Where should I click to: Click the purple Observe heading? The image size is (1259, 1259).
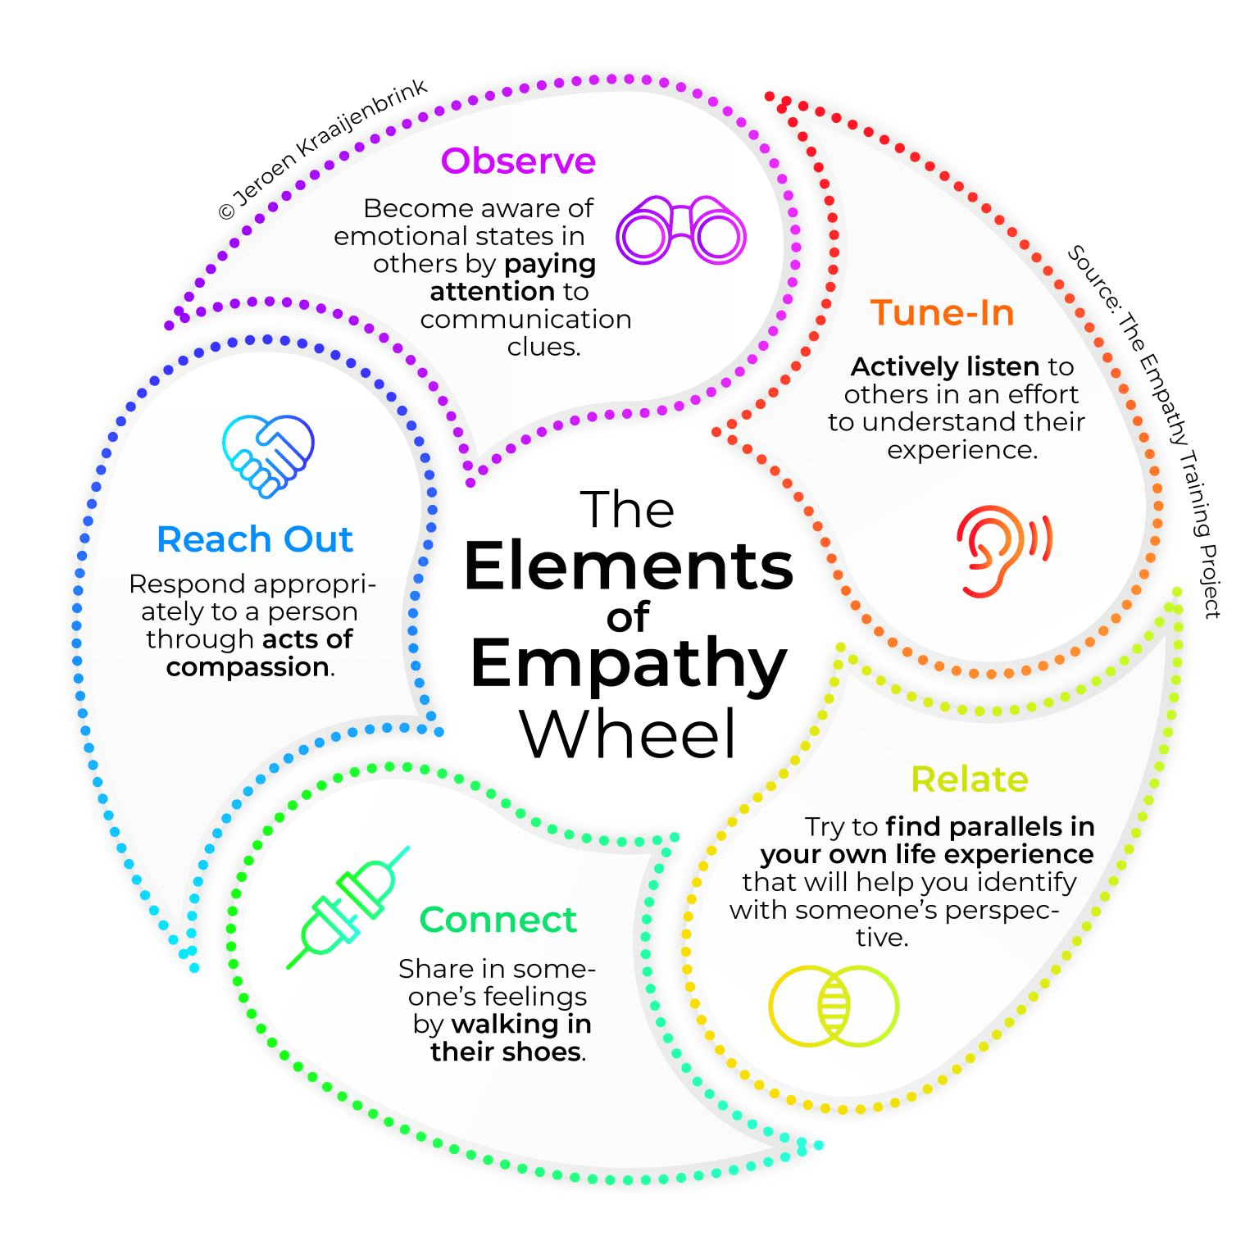pyautogui.click(x=518, y=161)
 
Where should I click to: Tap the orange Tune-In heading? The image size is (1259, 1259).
pyautogui.click(x=942, y=313)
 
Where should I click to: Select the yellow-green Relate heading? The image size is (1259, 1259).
pyautogui.click(x=969, y=779)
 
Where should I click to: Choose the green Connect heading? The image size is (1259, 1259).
pyautogui.click(x=498, y=920)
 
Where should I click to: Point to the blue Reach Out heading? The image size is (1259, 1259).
pyautogui.click(x=255, y=539)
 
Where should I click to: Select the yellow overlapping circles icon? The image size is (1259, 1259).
pyautogui.click(x=833, y=1006)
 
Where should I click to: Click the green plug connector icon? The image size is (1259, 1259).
pyautogui.click(x=348, y=907)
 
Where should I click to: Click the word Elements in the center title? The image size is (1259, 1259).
pyautogui.click(x=628, y=566)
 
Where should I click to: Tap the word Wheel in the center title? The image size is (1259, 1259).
pyautogui.click(x=628, y=734)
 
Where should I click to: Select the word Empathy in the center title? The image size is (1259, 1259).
pyautogui.click(x=628, y=664)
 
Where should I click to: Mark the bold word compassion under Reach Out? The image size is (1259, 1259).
pyautogui.click(x=248, y=667)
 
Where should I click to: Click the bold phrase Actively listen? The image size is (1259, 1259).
pyautogui.click(x=944, y=366)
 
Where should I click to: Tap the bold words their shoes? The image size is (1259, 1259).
pyautogui.click(x=506, y=1052)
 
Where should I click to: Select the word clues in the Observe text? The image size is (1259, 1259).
pyautogui.click(x=543, y=347)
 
